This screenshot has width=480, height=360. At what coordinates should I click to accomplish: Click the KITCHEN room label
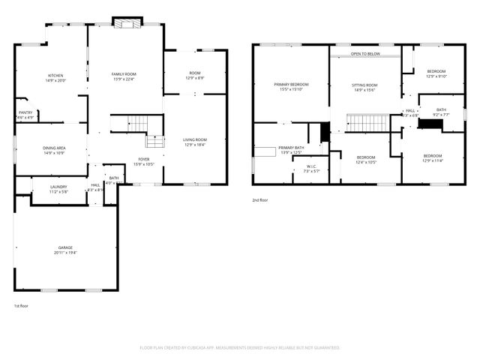tap(55, 76)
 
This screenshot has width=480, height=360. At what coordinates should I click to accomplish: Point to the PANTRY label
tap(25, 112)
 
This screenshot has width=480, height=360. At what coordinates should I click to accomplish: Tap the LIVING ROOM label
tap(195, 139)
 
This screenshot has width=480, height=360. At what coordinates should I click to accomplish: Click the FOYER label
tap(142, 160)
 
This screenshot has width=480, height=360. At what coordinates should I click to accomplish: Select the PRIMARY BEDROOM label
tap(291, 84)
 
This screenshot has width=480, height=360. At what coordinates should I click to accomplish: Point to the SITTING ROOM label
tap(364, 85)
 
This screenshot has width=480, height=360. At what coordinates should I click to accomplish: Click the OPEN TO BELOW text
tap(365, 54)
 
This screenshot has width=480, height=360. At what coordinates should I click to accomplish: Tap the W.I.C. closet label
tap(311, 166)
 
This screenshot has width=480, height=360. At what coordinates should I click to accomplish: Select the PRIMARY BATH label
tap(291, 148)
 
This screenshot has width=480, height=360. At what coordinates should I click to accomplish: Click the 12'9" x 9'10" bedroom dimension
tap(436, 76)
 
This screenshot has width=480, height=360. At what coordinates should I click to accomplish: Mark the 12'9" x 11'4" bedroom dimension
tap(433, 160)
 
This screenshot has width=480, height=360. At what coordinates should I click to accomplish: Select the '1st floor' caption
tap(21, 306)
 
